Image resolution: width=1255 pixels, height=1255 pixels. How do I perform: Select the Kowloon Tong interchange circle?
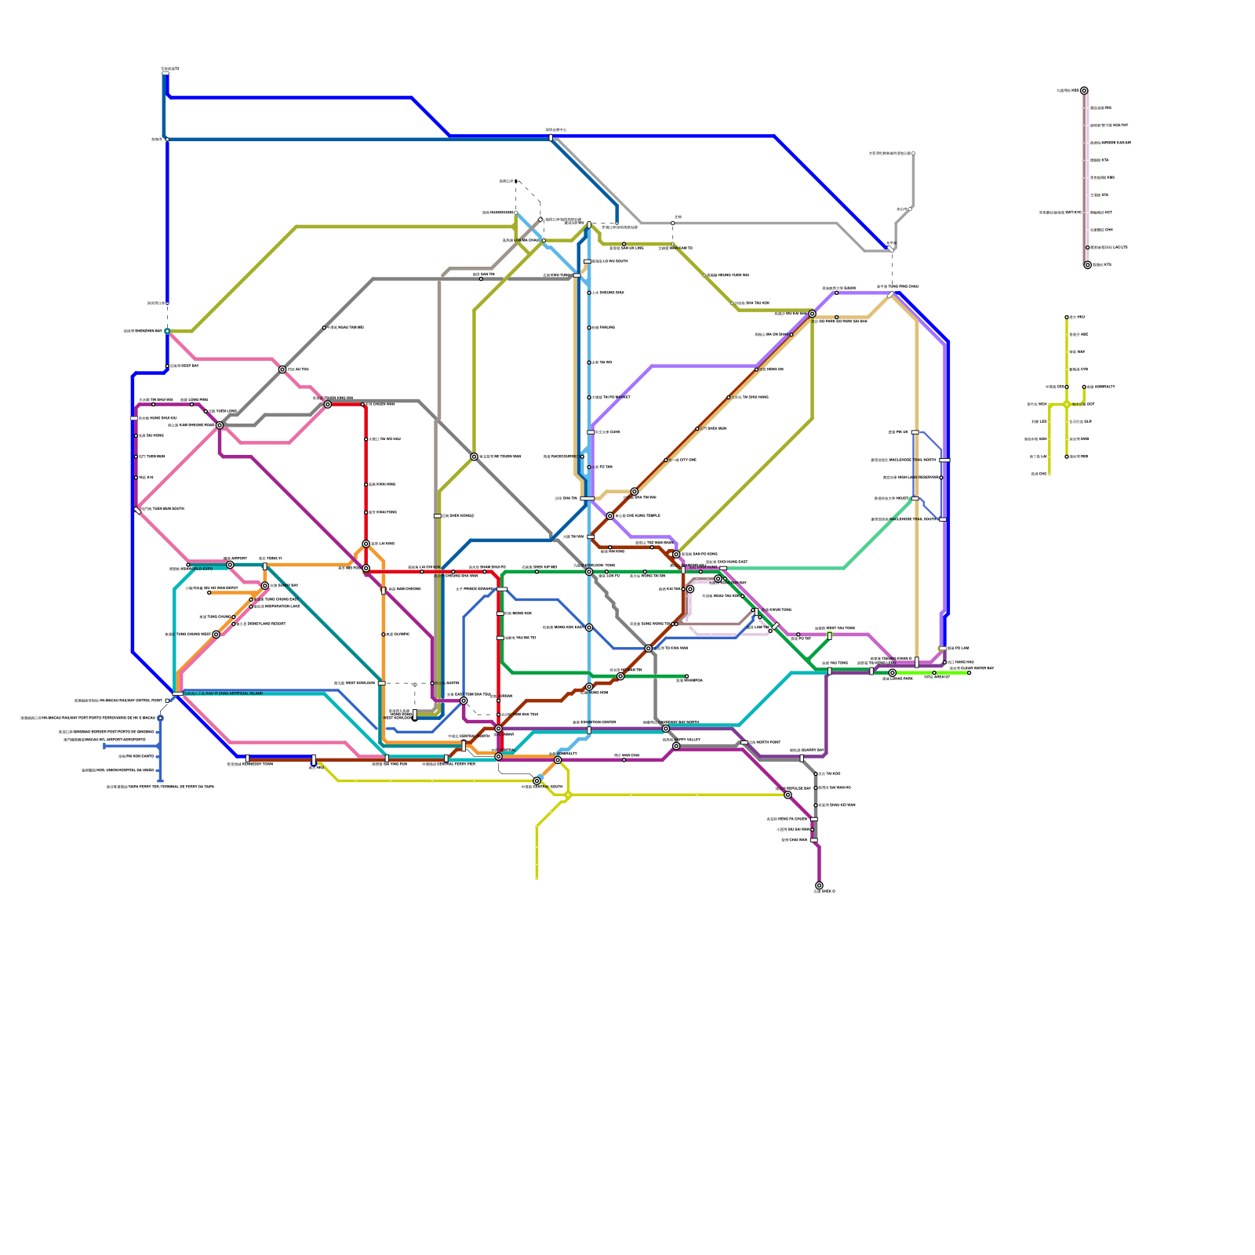589,572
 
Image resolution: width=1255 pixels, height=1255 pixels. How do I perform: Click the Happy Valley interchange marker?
676,746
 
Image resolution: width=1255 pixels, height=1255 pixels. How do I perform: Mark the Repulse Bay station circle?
788,795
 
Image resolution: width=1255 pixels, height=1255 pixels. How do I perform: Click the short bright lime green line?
933,673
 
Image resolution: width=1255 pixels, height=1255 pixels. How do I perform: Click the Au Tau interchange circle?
282,369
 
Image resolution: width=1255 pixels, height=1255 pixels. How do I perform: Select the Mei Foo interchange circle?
366,568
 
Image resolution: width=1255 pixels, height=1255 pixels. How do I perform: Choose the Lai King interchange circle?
366,544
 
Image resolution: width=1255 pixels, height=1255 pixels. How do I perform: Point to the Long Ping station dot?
192,405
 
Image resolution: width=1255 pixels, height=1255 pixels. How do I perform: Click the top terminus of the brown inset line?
1084,91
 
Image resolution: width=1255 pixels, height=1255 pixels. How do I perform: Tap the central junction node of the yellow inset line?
1067,405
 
